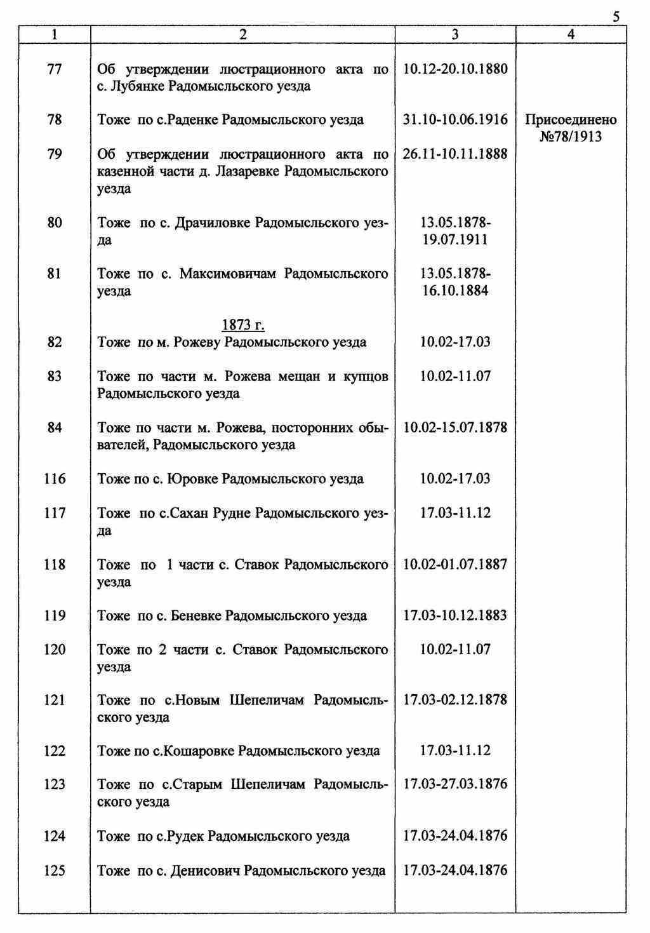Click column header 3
[455, 36]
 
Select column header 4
[571, 36]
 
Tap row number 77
[55, 69]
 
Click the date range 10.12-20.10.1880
[455, 69]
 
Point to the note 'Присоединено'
[571, 120]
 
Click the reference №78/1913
[571, 137]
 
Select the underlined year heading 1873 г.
[242, 325]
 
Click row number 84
[55, 427]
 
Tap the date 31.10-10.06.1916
[455, 120]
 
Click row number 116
[55, 479]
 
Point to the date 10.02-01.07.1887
[455, 564]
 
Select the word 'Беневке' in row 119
[197, 615]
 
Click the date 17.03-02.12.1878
[455, 700]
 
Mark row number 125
[55, 870]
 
